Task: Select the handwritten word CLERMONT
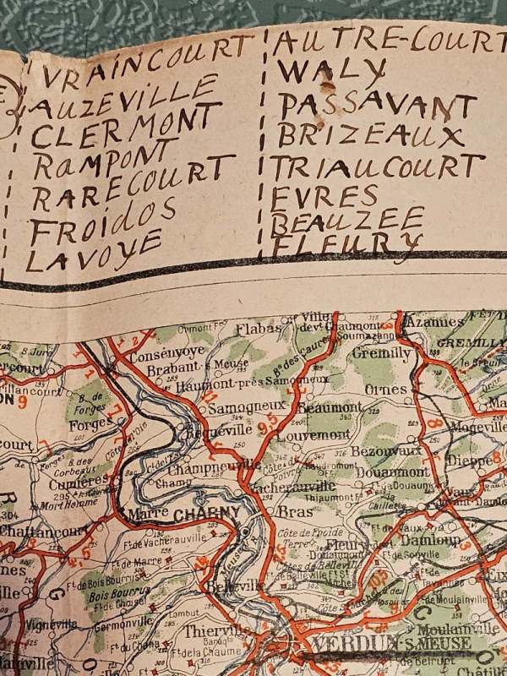(x=127, y=128)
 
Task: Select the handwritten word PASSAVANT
(x=377, y=106)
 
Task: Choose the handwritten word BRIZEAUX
(x=371, y=136)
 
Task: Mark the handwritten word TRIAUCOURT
(x=376, y=167)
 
